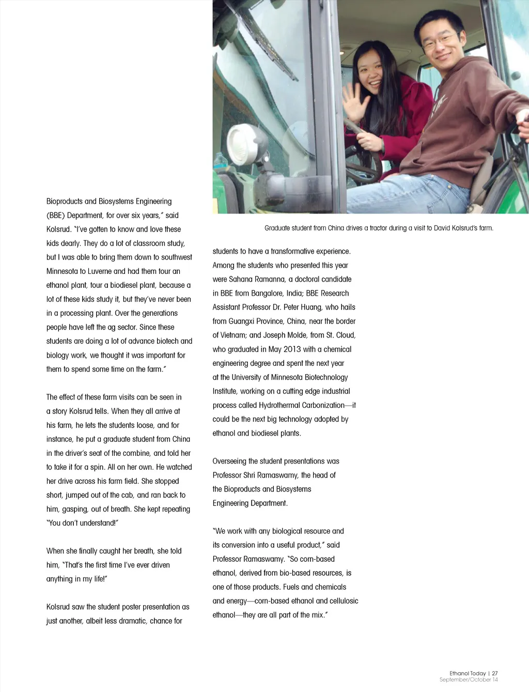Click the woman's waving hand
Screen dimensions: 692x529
click(355, 101)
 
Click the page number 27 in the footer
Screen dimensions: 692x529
click(495, 673)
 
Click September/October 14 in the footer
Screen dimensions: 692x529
click(469, 680)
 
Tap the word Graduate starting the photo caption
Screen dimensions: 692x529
click(277, 228)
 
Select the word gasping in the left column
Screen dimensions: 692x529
click(75, 509)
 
